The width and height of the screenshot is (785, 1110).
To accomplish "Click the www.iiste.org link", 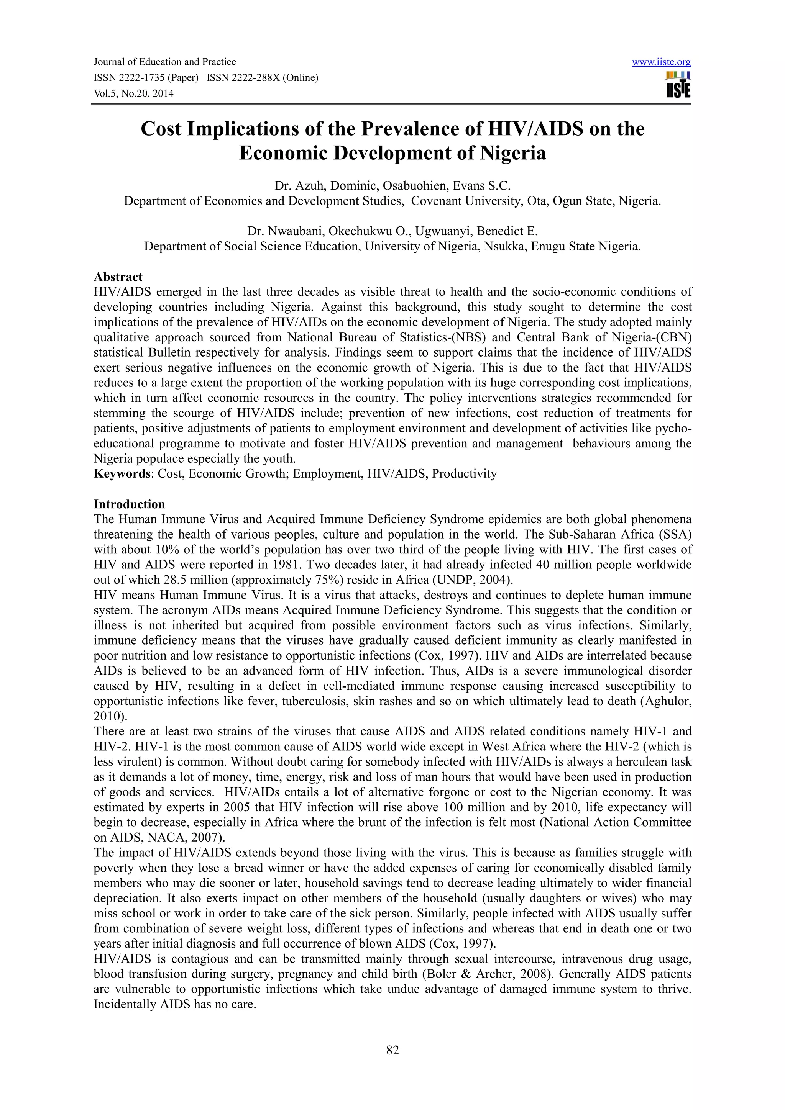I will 661,62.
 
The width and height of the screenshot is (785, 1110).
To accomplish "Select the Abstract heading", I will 118,277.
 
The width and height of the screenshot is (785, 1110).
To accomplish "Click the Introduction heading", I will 129,504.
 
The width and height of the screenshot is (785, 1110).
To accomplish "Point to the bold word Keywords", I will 122,473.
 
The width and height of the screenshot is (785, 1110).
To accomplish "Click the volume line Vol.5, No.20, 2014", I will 133,93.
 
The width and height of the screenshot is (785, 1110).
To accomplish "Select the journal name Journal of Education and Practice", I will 164,62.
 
